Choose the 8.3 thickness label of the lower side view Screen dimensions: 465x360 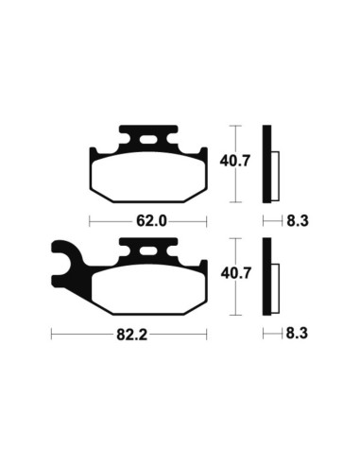(298, 333)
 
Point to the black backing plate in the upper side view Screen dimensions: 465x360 (267, 165)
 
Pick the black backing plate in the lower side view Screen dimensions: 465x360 (267, 277)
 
